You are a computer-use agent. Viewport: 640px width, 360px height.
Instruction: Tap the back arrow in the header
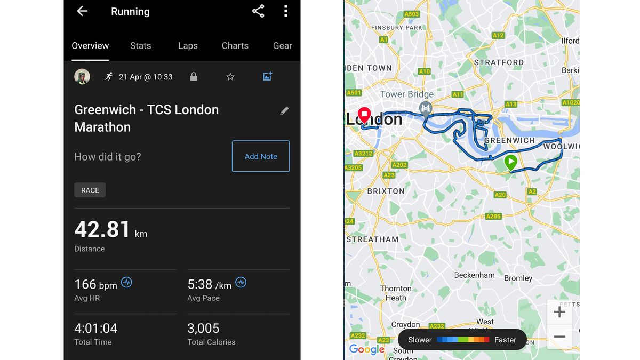point(82,11)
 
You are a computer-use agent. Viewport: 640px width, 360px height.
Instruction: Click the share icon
point(258,11)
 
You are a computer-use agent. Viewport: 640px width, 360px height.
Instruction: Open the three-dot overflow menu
point(286,11)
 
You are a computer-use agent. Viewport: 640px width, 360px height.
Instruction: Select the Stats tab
point(140,46)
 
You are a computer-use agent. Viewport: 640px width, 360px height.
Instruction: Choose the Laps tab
point(188,46)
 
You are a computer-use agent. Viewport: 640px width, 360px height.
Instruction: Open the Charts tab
point(235,46)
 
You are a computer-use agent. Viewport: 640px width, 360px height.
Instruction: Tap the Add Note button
point(261,156)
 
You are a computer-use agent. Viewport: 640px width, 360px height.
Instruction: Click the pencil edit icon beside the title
point(285,111)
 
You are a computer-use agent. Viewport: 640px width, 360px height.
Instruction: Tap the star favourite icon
point(230,77)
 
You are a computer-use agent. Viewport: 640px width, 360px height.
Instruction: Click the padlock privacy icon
point(194,77)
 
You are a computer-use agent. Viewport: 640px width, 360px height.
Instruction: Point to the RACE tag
point(90,190)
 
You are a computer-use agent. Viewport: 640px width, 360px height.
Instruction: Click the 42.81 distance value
point(102,229)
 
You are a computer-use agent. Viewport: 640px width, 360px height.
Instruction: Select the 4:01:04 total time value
point(96,328)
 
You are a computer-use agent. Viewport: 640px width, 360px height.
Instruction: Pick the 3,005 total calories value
point(203,328)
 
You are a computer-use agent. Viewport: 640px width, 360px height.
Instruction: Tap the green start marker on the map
point(511,162)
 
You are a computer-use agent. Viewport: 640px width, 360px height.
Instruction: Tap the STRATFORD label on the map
point(499,62)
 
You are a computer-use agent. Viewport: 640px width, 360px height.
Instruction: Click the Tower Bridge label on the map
point(406,94)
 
